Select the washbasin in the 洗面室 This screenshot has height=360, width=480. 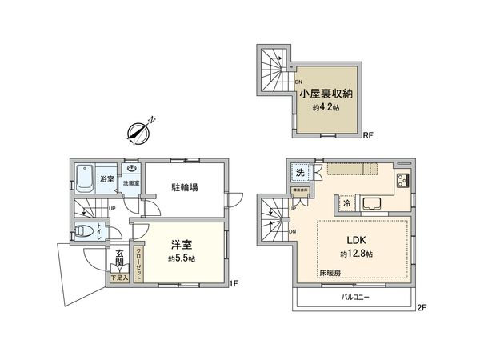click(x=133, y=170)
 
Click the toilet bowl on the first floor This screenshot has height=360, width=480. click(x=83, y=231)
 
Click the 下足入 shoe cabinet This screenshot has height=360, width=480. click(x=118, y=278)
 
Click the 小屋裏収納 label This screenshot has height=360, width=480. click(x=327, y=94)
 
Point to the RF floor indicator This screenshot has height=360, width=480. click(x=370, y=134)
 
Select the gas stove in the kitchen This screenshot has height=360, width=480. click(x=402, y=182)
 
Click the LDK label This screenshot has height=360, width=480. click(x=355, y=241)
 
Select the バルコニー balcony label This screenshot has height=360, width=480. click(x=352, y=298)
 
